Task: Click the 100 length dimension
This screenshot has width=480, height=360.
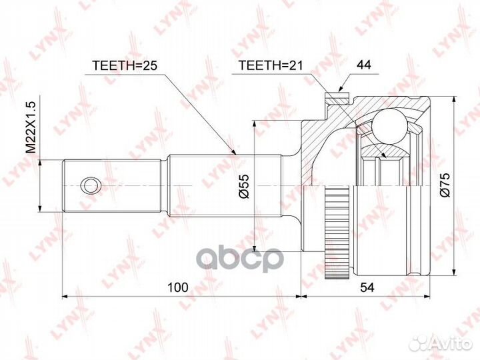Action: pyautogui.click(x=177, y=287)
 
